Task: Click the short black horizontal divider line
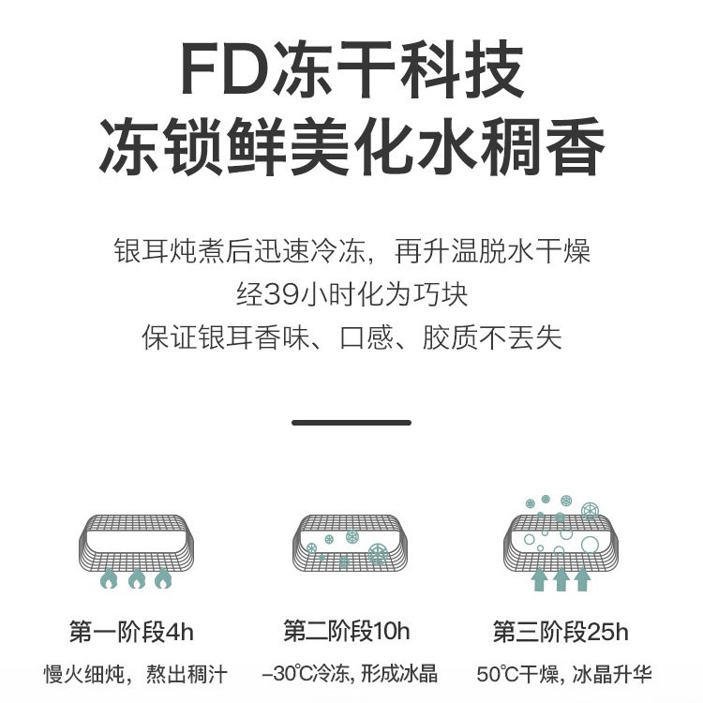click(351, 423)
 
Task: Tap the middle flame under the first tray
click(137, 579)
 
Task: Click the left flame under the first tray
click(110, 579)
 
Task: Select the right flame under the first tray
click(164, 579)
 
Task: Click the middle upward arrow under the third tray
click(561, 578)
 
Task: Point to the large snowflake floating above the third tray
click(590, 511)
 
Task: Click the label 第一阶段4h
click(131, 632)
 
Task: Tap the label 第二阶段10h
click(347, 632)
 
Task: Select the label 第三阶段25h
click(561, 632)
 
